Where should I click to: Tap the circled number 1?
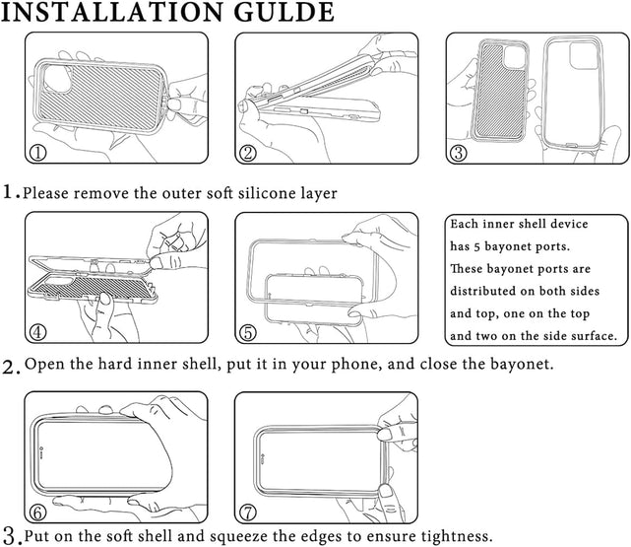tap(38, 153)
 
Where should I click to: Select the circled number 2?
tap(249, 153)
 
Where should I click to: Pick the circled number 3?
tap(459, 153)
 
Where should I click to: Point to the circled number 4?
tap(38, 331)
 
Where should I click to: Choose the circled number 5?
tap(249, 331)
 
